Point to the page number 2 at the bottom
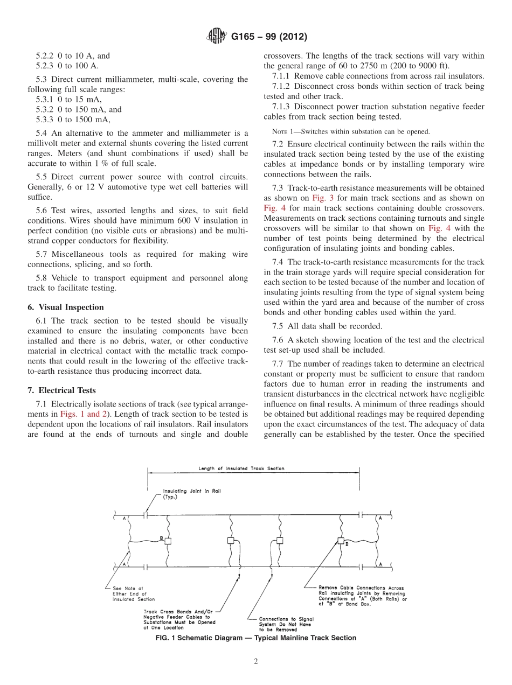pyautogui.click(x=255, y=662)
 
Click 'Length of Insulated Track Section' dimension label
pyautogui.click(x=241, y=469)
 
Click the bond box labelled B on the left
pyautogui.click(x=168, y=541)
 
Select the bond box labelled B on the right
pyautogui.click(x=341, y=541)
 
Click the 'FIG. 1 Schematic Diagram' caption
pyautogui.click(x=255, y=638)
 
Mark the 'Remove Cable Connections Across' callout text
pyautogui.click(x=361, y=588)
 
